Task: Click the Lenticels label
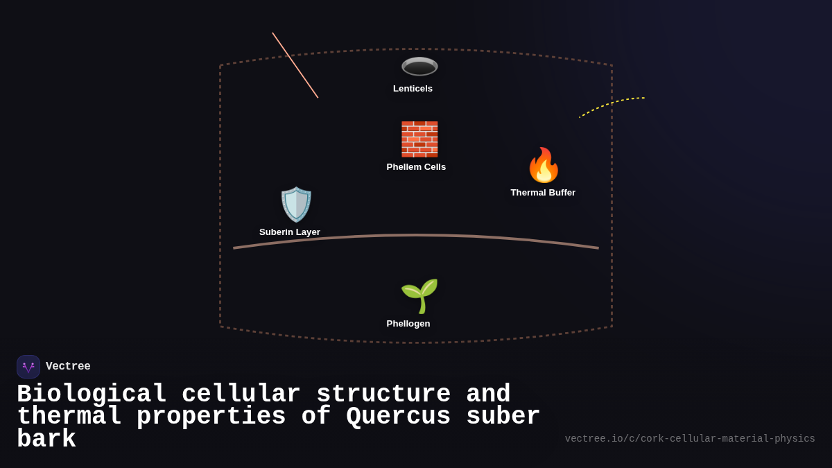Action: (x=413, y=89)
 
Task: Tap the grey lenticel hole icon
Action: (x=419, y=67)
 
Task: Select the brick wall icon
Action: (x=419, y=139)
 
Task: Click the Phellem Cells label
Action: (x=416, y=167)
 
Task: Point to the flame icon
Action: (x=543, y=165)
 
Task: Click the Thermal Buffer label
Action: (x=543, y=193)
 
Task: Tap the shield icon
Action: (x=296, y=205)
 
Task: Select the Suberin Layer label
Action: (x=290, y=232)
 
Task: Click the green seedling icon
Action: (x=419, y=295)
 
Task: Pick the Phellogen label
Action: (x=408, y=324)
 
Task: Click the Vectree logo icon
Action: (x=28, y=367)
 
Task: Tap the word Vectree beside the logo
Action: (x=68, y=367)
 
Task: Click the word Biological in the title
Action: (x=92, y=395)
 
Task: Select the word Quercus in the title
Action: (x=398, y=417)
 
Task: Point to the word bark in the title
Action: (x=46, y=440)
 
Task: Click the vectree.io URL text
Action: (x=690, y=439)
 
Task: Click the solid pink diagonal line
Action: (x=295, y=65)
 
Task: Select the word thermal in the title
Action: (x=69, y=417)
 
